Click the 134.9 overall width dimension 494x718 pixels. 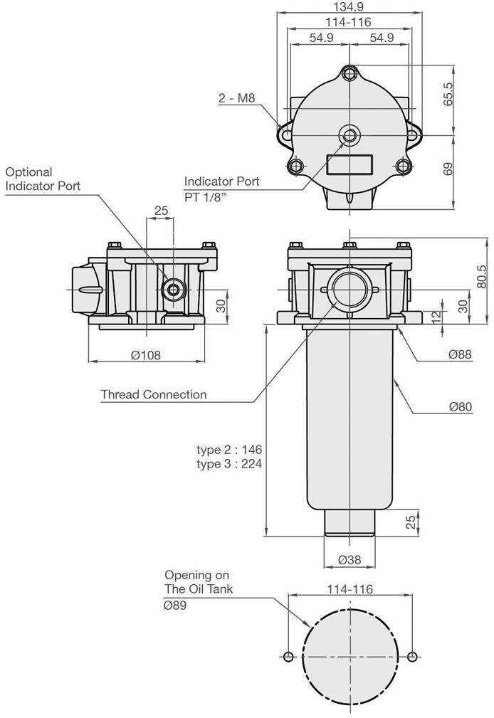pyautogui.click(x=350, y=6)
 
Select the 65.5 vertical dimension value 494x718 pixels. pyautogui.click(x=448, y=95)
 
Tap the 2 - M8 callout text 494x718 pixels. pyautogui.click(x=236, y=97)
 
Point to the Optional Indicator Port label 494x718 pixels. pyautogui.click(x=43, y=179)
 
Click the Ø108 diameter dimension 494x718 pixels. pyautogui.click(x=146, y=355)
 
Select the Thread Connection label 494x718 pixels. pyautogui.click(x=154, y=394)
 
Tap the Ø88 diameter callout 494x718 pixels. pyautogui.click(x=460, y=354)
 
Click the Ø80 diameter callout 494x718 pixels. pyautogui.click(x=461, y=406)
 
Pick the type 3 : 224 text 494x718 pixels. pyautogui.click(x=229, y=463)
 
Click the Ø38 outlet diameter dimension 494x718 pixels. pyautogui.click(x=350, y=559)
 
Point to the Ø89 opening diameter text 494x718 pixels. pyautogui.click(x=175, y=606)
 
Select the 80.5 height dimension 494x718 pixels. pyautogui.click(x=481, y=277)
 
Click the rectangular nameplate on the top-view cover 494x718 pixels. pyautogui.click(x=350, y=164)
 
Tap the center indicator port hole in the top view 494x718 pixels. pyautogui.click(x=350, y=135)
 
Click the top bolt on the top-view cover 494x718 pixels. pyautogui.click(x=350, y=73)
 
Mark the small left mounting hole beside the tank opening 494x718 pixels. pyautogui.click(x=288, y=657)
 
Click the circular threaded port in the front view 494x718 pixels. pyautogui.click(x=350, y=289)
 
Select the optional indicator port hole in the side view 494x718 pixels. pyautogui.click(x=174, y=289)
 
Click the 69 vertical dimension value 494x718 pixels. pyautogui.click(x=448, y=169)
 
